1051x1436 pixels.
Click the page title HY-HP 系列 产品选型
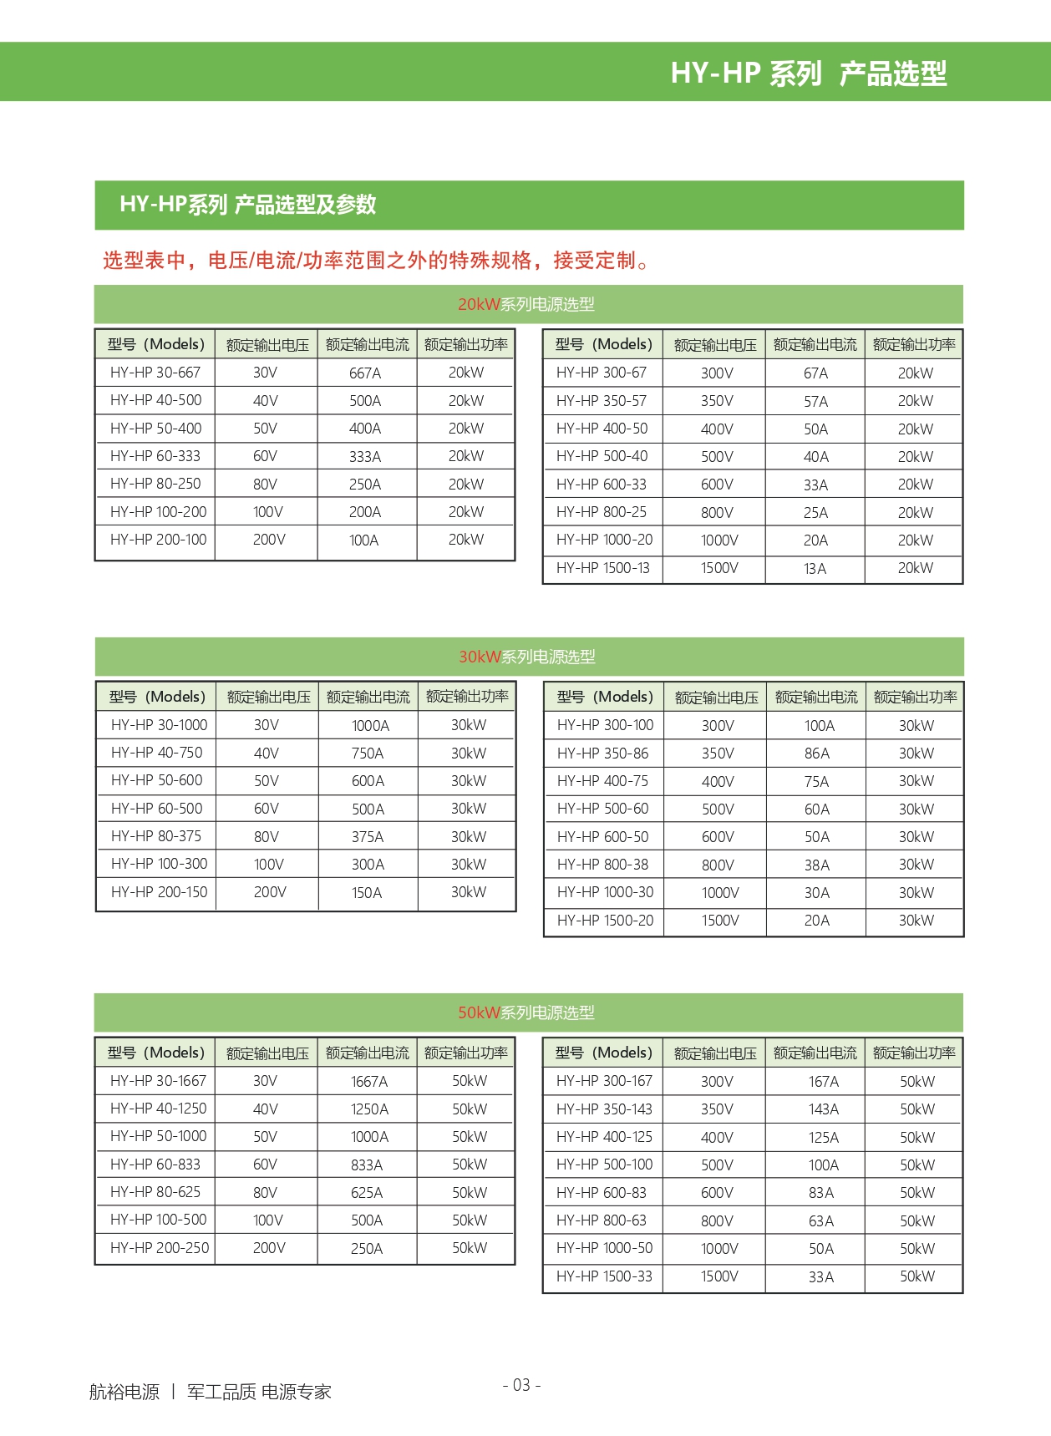pos(808,74)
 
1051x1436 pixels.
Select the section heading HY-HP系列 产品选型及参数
pos(248,205)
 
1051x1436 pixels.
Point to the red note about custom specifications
pos(375,261)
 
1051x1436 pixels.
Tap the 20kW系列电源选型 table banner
pos(526,304)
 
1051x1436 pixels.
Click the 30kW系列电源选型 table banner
pos(527,657)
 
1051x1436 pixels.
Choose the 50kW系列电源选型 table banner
pos(526,1012)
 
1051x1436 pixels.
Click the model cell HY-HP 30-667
pos(155,373)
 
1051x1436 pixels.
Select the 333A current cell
pos(365,456)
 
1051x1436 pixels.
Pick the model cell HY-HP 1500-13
pos(602,568)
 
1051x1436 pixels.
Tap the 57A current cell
pos(815,401)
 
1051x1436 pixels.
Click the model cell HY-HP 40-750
pos(156,753)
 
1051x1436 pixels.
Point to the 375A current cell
pos(368,836)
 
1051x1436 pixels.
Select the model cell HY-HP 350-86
pos(602,753)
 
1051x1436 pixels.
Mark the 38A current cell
pos(816,865)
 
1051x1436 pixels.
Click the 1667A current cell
pos(368,1081)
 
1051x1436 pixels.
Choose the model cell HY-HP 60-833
pos(155,1165)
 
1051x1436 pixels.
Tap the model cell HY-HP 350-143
pos(604,1109)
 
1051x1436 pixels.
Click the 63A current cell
pos(820,1220)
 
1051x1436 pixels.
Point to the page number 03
pos(521,1385)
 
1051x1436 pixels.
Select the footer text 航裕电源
pos(124,1392)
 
